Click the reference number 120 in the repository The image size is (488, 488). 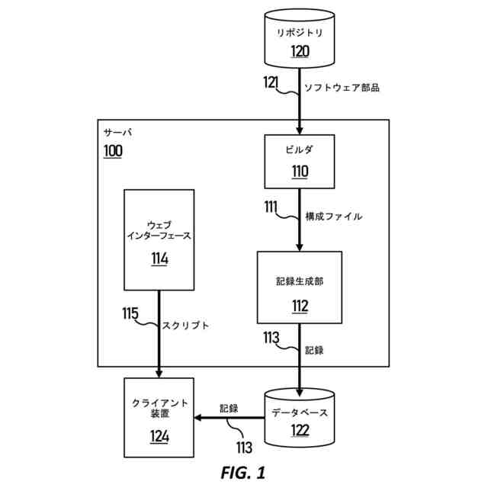click(299, 51)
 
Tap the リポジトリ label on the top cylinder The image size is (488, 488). click(299, 32)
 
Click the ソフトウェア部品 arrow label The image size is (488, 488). click(342, 88)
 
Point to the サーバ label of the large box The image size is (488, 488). click(117, 132)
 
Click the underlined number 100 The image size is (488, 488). click(113, 150)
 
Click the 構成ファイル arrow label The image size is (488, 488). click(333, 217)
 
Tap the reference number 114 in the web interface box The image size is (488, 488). click(159, 258)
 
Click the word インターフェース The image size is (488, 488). click(159, 236)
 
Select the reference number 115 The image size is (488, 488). click(130, 313)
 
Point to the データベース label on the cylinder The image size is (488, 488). click(300, 412)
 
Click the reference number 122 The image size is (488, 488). click(299, 431)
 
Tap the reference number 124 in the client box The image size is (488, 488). click(159, 436)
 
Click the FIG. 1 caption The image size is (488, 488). click(243, 473)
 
